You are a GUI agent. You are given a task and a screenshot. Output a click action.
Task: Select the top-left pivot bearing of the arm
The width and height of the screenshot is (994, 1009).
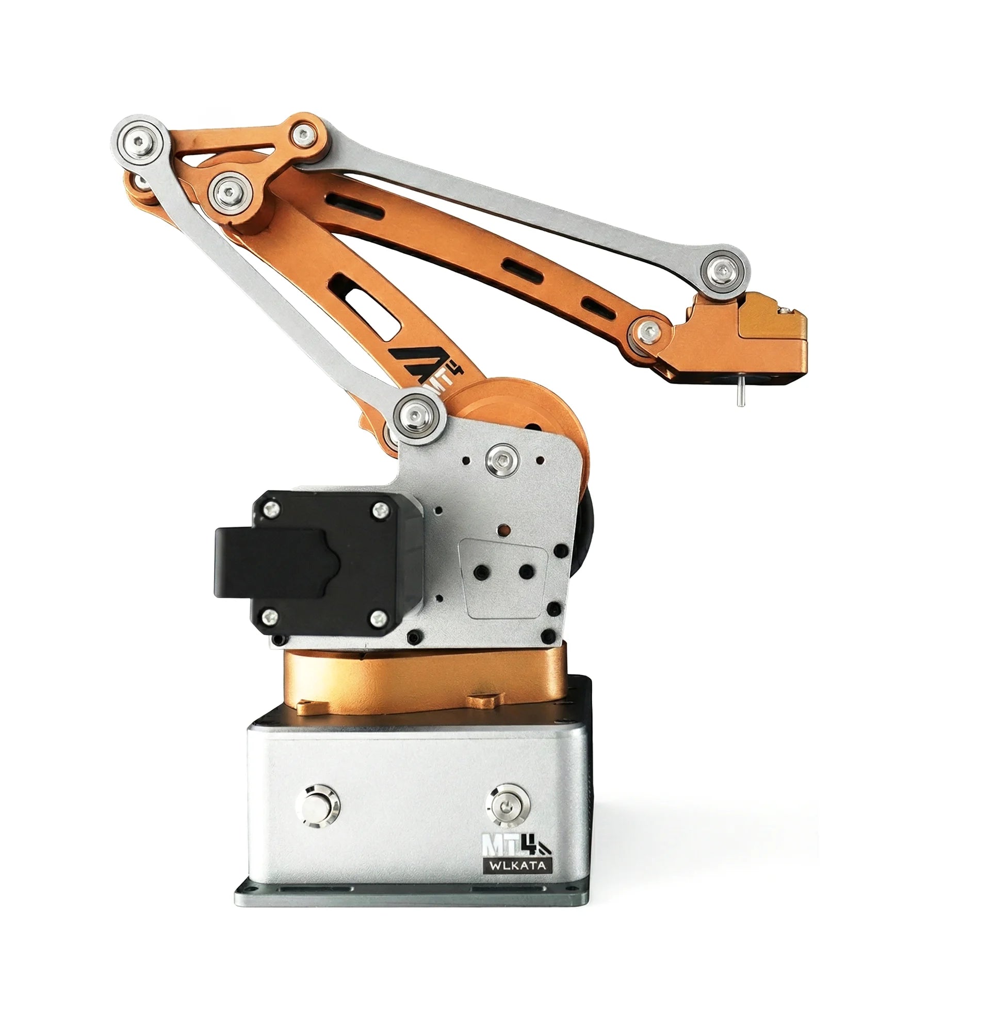point(139,141)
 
